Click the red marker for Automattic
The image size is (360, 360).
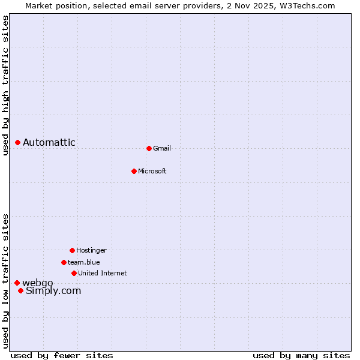coord(18,142)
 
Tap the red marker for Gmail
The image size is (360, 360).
coord(149,148)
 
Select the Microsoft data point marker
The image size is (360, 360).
coord(134,171)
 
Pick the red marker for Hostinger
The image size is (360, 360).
coord(72,250)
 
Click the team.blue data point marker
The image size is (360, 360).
coord(64,262)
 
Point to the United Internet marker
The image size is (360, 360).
coord(74,273)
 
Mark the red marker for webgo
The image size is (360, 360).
coord(17,283)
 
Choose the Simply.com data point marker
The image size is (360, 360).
coord(20,290)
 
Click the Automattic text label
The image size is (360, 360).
coord(49,142)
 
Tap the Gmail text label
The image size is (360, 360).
coord(162,148)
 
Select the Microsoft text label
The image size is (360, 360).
coord(152,171)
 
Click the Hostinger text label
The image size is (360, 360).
coord(91,250)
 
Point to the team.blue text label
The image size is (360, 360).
coord(84,262)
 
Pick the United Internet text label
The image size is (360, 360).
coord(103,273)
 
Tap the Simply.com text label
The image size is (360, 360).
coord(53,291)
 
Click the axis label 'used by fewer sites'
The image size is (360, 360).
coord(62,355)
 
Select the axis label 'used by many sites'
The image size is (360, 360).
coord(301,355)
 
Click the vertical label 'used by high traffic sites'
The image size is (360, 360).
coord(5,85)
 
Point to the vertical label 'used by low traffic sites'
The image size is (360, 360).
coord(5,281)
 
